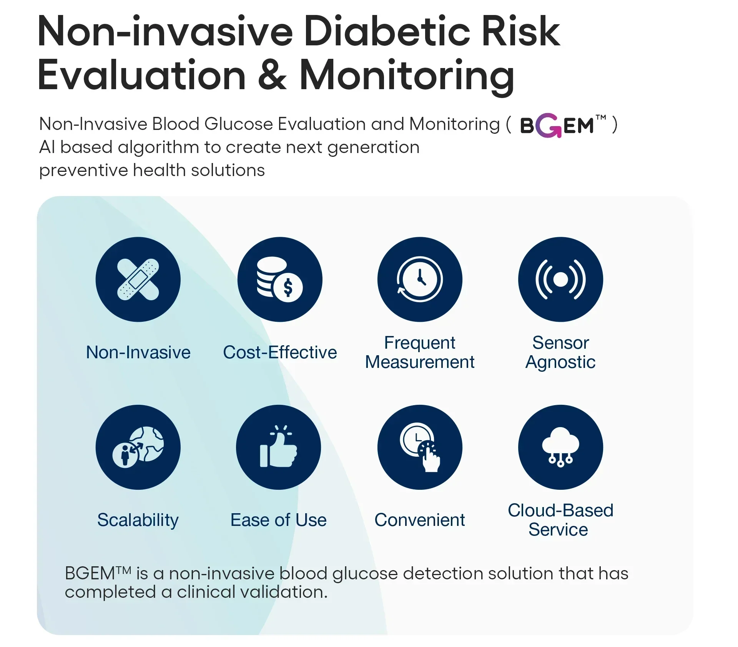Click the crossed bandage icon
(x=138, y=279)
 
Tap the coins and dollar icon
(x=280, y=279)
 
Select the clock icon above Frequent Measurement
(x=420, y=279)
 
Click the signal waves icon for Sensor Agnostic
(x=560, y=279)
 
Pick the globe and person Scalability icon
(x=138, y=447)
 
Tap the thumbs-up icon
(x=278, y=447)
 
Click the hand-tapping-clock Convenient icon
(x=420, y=447)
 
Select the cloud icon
(x=560, y=447)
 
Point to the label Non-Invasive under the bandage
(x=138, y=352)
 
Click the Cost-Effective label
(x=280, y=352)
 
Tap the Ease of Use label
(x=278, y=520)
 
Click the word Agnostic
(x=560, y=363)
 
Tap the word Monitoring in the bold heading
(x=407, y=76)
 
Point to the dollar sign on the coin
(x=288, y=288)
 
